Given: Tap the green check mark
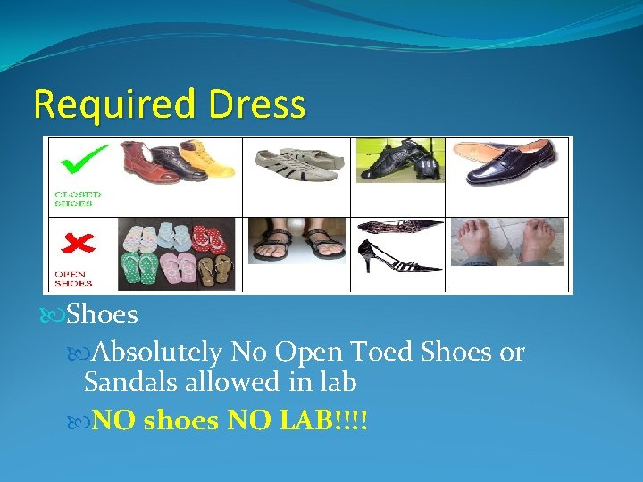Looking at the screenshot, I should pyautogui.click(x=83, y=161).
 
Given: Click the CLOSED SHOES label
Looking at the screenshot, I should pyautogui.click(x=79, y=197).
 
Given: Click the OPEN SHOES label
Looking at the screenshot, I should pyautogui.click(x=74, y=278).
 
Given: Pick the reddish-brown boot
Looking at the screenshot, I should pyautogui.click(x=135, y=162).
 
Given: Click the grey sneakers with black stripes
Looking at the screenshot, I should pyautogui.click(x=297, y=164).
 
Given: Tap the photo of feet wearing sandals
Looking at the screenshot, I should pyautogui.click(x=297, y=242).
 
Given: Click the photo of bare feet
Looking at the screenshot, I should pyautogui.click(x=507, y=242).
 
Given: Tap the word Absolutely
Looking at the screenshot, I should pyautogui.click(x=157, y=352).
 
